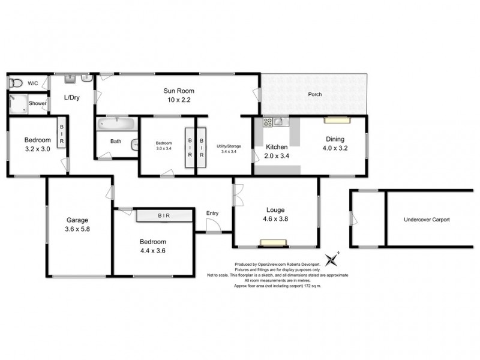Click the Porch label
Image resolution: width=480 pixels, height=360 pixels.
coord(314,95)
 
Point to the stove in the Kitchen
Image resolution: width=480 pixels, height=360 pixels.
coord(268,122)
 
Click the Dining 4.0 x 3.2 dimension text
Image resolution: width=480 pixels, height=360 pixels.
coord(335,146)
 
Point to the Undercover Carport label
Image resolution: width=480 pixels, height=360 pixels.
coord(427,220)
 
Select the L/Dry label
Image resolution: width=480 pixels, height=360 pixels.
coord(72,98)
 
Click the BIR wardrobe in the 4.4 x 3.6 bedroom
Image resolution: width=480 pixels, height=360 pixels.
coord(163,215)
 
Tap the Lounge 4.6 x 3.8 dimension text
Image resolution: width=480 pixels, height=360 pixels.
coord(275,219)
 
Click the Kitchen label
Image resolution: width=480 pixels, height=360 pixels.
coord(277,147)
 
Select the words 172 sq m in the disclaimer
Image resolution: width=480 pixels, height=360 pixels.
coord(311,286)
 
